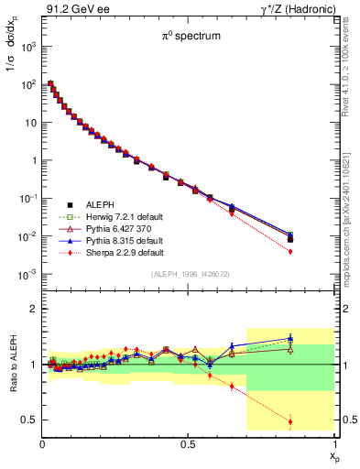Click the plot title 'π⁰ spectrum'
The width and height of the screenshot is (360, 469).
tap(189, 38)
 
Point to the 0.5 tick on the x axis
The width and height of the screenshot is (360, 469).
tap(189, 443)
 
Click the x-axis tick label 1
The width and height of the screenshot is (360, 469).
tap(334, 443)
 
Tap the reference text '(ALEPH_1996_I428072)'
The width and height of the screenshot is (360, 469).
tap(189, 274)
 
